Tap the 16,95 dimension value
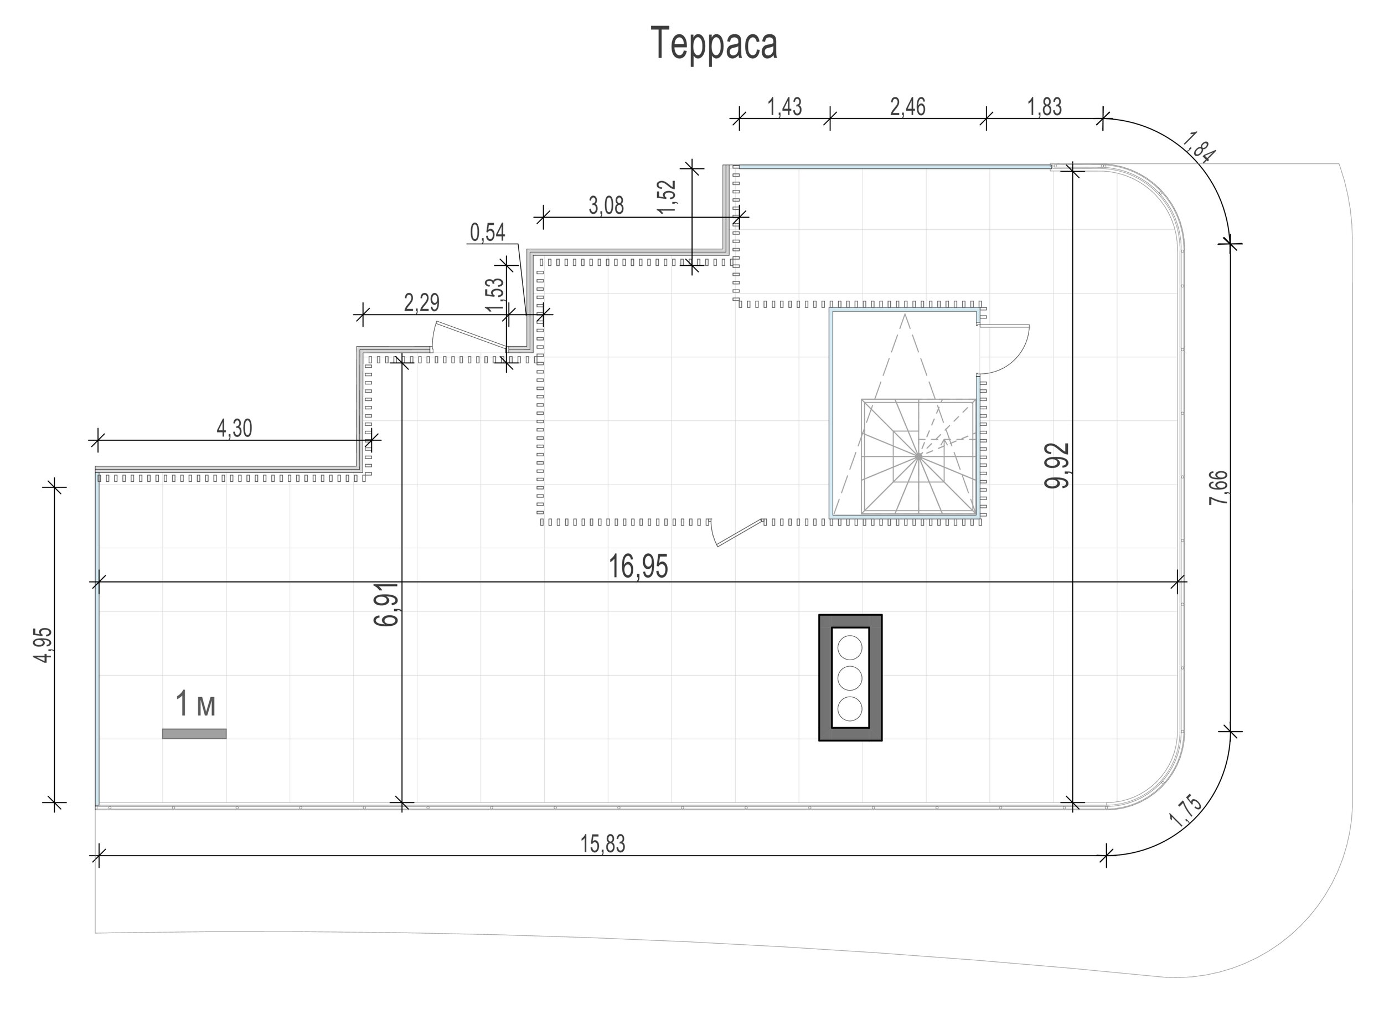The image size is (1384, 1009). (x=638, y=567)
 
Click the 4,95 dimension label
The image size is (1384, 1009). (x=44, y=645)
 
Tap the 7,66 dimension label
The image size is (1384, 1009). (x=1217, y=487)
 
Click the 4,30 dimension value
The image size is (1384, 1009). (x=234, y=428)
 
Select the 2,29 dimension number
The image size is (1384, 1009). (x=422, y=303)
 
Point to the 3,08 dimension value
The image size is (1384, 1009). (x=606, y=206)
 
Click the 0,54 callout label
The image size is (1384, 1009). (x=488, y=232)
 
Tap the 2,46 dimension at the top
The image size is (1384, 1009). (x=908, y=107)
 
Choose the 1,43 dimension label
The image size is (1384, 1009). (x=784, y=107)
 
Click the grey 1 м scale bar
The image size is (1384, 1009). (x=194, y=734)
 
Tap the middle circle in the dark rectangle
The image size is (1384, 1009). (x=850, y=677)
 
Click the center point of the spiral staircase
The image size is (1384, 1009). (x=918, y=456)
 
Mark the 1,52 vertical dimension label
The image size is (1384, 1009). (x=669, y=195)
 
